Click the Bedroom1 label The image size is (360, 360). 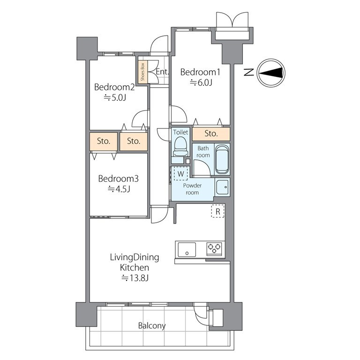point(200,72)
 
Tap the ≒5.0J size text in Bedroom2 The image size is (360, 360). point(115,98)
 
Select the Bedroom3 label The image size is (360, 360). point(118,179)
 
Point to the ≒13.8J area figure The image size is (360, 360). point(135,278)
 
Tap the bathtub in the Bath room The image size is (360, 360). point(222,159)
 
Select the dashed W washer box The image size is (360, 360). point(180,174)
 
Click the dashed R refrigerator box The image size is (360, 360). point(218,211)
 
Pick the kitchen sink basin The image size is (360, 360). point(187,249)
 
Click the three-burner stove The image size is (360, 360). point(214,248)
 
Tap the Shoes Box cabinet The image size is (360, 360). point(142,71)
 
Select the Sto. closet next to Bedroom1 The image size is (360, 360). point(211,134)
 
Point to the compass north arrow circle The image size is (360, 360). point(271,73)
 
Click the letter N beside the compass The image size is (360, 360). point(248,73)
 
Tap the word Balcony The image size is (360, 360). point(152,326)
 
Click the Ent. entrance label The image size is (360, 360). point(162,72)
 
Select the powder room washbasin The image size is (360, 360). point(222,187)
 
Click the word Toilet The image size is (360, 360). point(180,132)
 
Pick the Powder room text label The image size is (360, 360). point(192,189)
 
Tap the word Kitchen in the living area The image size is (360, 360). point(135,268)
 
